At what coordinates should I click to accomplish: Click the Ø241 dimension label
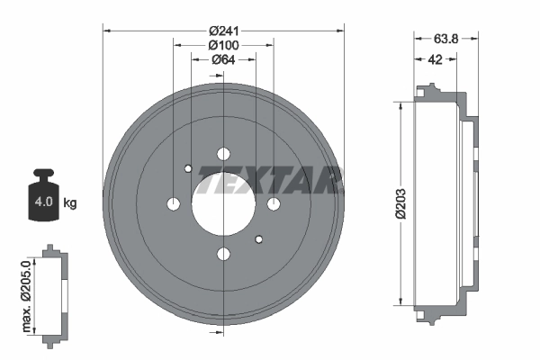point(223,31)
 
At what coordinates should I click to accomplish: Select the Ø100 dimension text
point(223,45)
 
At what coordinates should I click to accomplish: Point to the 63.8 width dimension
point(446,39)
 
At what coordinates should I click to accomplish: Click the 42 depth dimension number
point(436,59)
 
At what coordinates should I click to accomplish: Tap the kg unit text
point(70,203)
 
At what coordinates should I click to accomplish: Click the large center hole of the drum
point(223,204)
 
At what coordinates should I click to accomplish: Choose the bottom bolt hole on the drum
point(223,255)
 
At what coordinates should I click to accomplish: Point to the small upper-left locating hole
point(187,168)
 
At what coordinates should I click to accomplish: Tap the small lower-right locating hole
point(259,239)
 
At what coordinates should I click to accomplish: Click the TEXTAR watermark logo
point(270,180)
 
